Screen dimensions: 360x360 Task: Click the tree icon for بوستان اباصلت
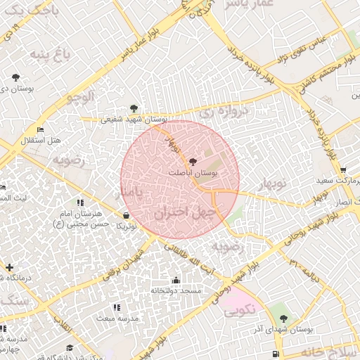coord(194,162)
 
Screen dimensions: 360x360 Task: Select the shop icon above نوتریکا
coord(125,216)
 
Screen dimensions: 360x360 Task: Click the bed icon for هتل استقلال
coord(40,130)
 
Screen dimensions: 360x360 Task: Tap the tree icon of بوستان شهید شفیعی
coord(134,108)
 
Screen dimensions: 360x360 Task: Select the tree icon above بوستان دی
coord(15,77)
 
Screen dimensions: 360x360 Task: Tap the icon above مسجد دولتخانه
coord(176,281)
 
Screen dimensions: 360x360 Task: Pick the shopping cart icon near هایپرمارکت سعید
coord(342,169)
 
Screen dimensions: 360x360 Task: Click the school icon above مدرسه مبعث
coord(117,307)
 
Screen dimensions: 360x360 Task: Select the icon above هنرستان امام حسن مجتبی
coord(90,202)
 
